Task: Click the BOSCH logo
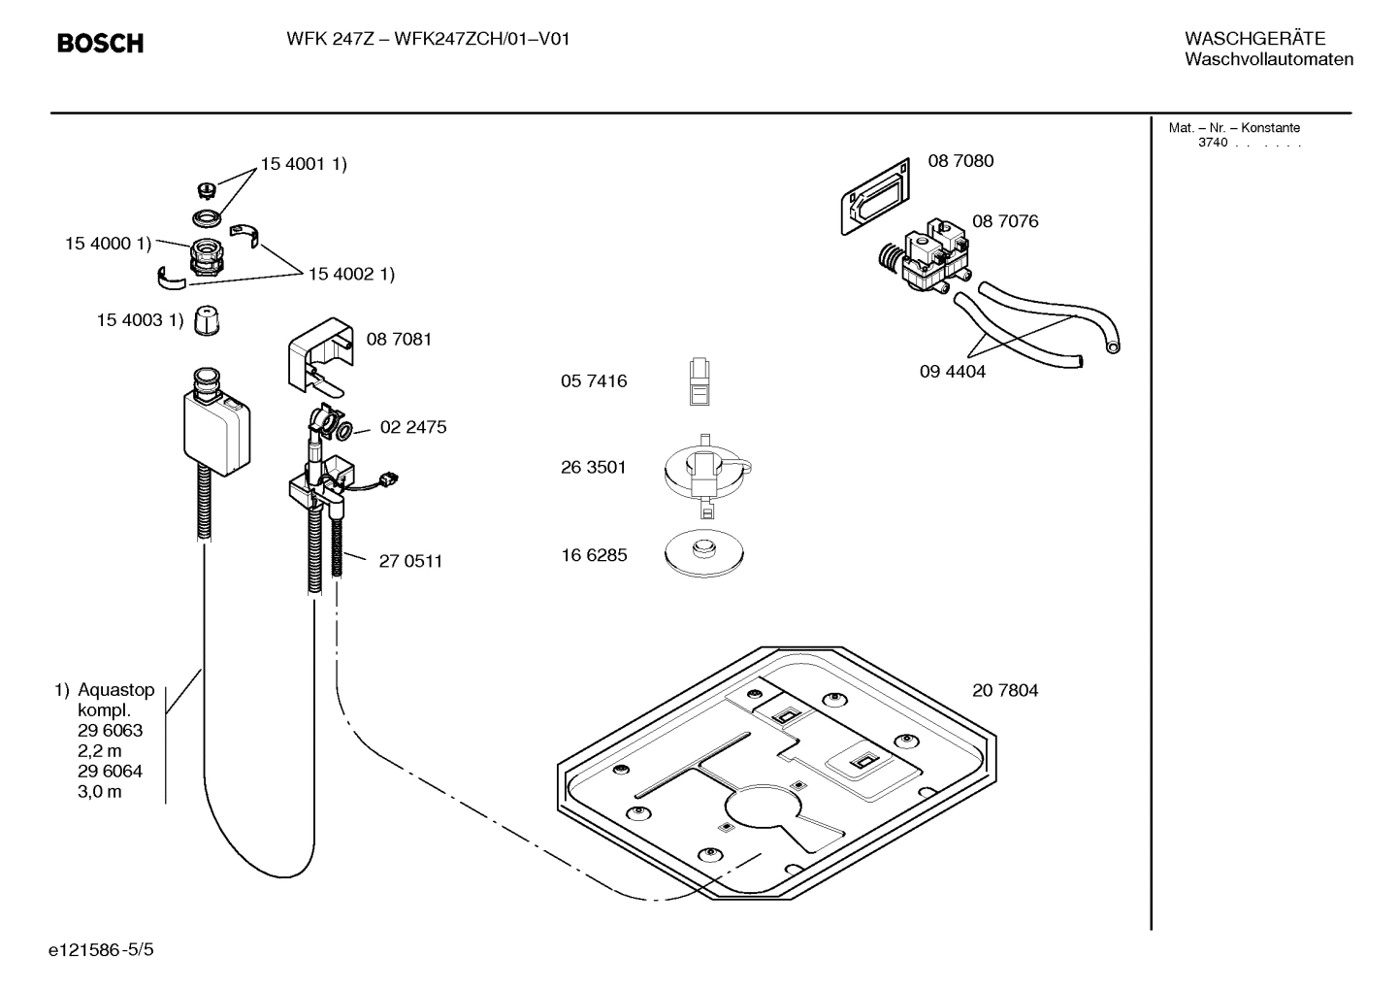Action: click(x=100, y=44)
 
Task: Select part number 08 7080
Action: click(x=960, y=161)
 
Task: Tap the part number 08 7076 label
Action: click(x=1004, y=221)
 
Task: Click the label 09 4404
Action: click(x=952, y=372)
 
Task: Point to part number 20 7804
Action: click(x=1004, y=691)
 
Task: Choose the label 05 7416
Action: click(x=593, y=381)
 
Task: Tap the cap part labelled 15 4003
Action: click(x=205, y=320)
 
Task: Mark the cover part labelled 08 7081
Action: click(x=318, y=350)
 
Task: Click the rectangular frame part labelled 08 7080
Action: click(x=874, y=197)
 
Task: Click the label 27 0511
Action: click(x=410, y=561)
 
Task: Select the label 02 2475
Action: click(x=413, y=427)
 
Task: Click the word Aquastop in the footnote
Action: click(x=115, y=690)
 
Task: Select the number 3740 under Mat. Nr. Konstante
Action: click(x=1212, y=143)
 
